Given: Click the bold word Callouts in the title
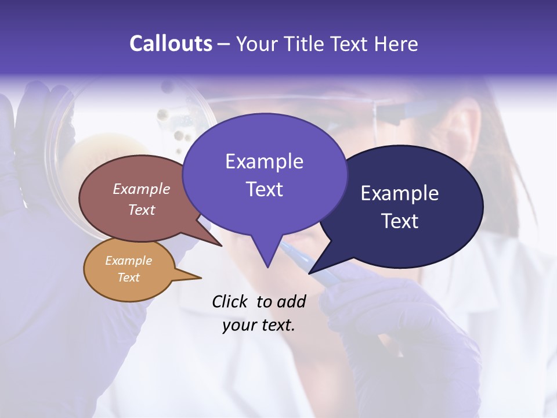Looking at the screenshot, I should click(x=171, y=44).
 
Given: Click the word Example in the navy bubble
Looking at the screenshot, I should click(x=399, y=193).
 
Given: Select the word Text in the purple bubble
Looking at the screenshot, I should click(x=265, y=189).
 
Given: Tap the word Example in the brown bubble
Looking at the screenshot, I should click(x=142, y=189).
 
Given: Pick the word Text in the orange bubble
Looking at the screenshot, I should click(x=129, y=278).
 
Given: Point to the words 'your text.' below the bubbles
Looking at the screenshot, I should click(x=258, y=325).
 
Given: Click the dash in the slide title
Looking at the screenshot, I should click(x=224, y=44).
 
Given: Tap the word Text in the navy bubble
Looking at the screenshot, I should click(x=400, y=221).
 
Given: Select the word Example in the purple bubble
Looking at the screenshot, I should click(x=265, y=161).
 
